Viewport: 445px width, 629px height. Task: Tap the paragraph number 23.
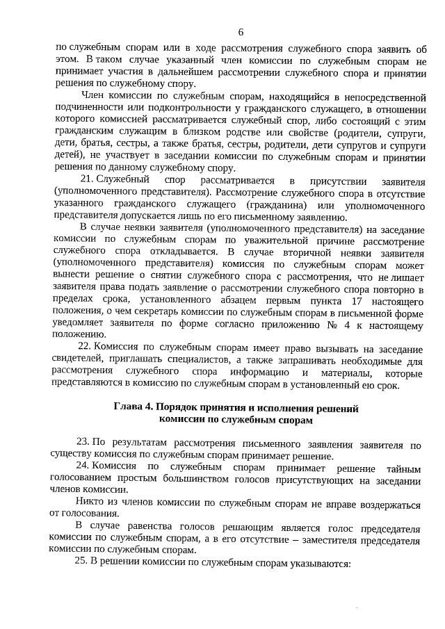[x=82, y=442]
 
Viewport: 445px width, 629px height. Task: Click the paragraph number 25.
[x=82, y=562]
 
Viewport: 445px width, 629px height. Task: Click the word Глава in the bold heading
[x=128, y=406]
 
